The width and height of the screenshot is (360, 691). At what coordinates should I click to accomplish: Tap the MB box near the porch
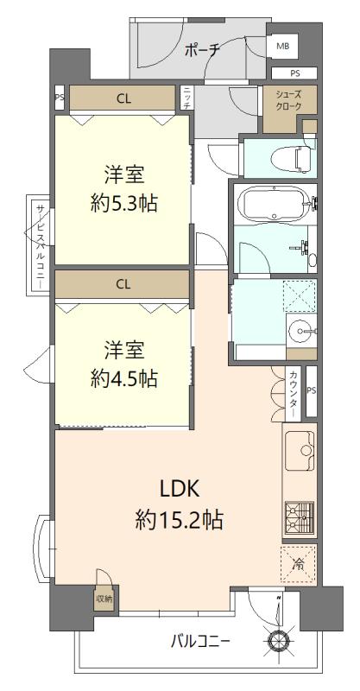pyautogui.click(x=282, y=46)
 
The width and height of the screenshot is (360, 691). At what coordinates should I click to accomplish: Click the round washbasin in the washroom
pyautogui.click(x=300, y=329)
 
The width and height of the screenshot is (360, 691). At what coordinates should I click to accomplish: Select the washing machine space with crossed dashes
pyautogui.click(x=300, y=295)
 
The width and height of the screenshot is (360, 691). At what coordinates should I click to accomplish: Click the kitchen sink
pyautogui.click(x=304, y=452)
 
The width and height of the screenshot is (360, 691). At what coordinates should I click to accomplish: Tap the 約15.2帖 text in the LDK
pyautogui.click(x=180, y=520)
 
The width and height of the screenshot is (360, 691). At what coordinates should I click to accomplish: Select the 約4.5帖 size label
pyautogui.click(x=123, y=377)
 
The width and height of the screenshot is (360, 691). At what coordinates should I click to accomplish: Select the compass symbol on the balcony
pyautogui.click(x=279, y=640)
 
